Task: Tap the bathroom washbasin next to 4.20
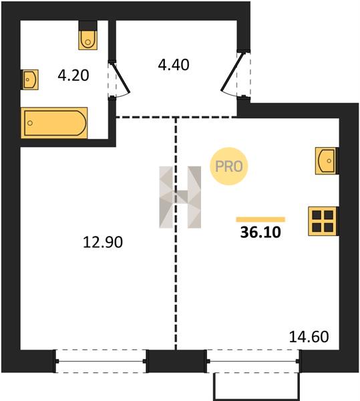29,80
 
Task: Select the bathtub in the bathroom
54,123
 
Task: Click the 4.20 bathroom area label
73,76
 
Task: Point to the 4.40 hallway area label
174,65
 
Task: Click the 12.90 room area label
103,242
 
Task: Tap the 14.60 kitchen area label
309,337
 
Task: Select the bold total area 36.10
260,233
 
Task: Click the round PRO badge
228,166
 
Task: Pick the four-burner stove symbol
323,221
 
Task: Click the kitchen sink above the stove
327,161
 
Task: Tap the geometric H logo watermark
180,197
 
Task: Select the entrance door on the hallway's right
234,74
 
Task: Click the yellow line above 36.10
260,219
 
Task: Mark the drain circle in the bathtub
30,123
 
